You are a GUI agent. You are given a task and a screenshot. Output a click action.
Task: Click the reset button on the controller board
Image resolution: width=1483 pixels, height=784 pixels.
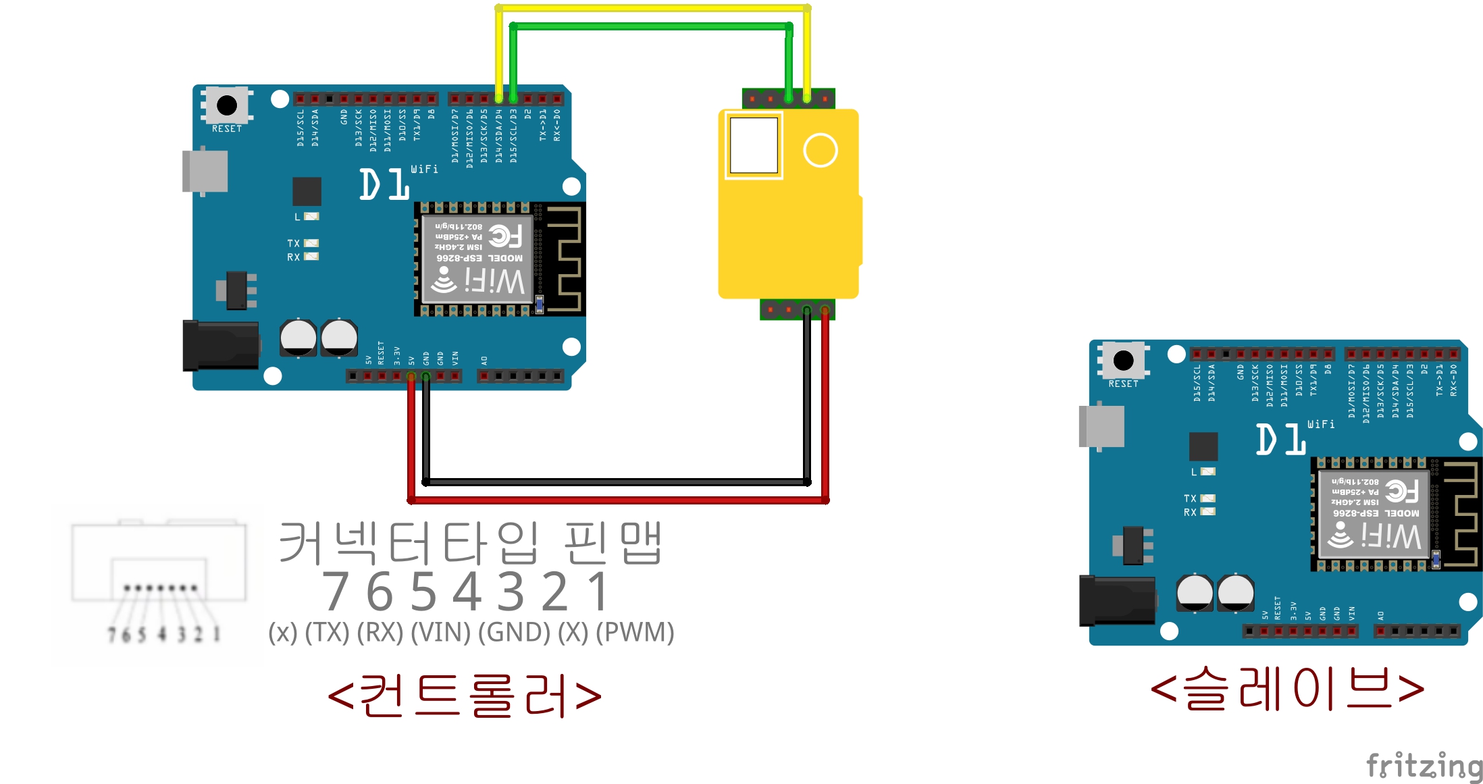[x=227, y=105]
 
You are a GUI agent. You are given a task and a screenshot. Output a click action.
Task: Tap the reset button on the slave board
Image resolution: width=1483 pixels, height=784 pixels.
[x=1123, y=361]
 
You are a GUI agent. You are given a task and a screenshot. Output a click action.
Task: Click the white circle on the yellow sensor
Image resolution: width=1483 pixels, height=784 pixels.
[x=820, y=150]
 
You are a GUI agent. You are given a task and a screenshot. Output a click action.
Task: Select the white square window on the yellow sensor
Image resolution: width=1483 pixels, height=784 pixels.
[x=754, y=145]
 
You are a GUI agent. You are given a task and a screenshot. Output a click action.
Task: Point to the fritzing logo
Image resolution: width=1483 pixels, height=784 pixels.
[x=1424, y=766]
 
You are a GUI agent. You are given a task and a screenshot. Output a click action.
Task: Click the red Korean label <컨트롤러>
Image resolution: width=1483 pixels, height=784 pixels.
[x=465, y=696]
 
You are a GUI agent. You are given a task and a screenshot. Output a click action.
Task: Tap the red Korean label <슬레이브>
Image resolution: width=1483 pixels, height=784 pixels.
[x=1287, y=689]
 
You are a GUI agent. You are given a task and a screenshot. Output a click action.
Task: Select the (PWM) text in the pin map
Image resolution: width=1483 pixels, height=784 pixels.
[x=635, y=633]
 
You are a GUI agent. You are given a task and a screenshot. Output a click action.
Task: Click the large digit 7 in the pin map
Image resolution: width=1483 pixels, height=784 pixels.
[x=336, y=592]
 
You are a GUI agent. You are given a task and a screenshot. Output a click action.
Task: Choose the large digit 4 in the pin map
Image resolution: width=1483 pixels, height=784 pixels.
[x=467, y=592]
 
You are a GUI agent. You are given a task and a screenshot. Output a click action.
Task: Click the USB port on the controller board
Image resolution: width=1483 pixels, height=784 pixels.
[x=205, y=172]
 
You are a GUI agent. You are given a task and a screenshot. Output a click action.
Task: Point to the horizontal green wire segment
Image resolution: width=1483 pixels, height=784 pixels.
[x=650, y=26]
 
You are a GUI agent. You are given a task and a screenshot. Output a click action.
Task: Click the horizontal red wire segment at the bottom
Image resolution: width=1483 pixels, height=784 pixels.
[x=618, y=500]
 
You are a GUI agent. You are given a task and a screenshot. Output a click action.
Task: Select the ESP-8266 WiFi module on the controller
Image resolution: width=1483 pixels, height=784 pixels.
[x=477, y=259]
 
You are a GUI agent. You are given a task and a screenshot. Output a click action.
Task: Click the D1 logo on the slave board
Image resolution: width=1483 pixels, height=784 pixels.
[x=1280, y=440]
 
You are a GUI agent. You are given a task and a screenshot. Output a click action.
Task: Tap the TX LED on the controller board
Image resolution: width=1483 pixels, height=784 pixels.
[x=311, y=243]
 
